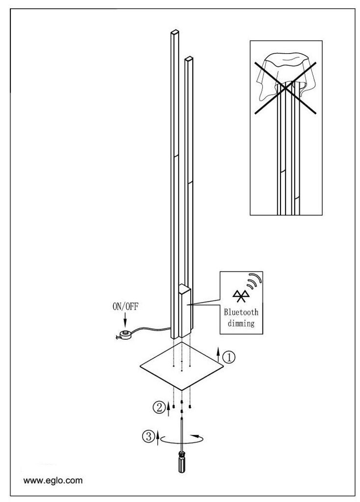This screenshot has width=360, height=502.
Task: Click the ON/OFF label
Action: (126, 307)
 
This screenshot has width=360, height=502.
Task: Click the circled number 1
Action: (229, 358)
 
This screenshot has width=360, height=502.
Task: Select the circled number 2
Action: (159, 406)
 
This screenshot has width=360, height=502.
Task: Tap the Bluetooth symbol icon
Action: (241, 295)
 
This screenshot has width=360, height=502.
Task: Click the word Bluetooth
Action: (241, 312)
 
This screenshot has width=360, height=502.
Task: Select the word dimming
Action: (241, 324)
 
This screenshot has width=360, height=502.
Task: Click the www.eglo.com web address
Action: (53, 480)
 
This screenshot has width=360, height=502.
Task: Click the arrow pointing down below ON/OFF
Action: (126, 321)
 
